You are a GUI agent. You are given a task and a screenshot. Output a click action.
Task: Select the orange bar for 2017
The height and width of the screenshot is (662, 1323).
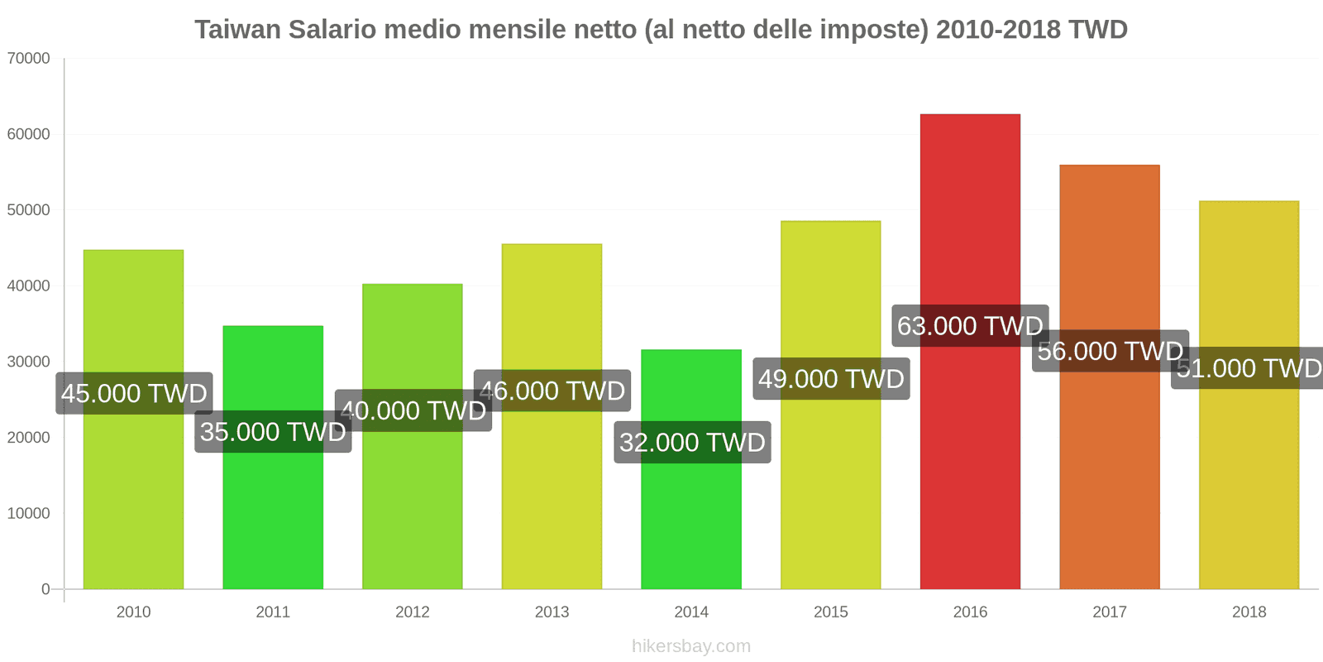[1110, 480]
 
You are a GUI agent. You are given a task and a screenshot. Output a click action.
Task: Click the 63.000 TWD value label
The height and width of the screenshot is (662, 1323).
[970, 326]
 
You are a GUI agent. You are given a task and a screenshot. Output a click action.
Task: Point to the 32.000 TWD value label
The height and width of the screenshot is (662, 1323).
[692, 443]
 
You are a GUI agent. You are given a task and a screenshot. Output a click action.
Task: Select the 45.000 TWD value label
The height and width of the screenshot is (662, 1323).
[134, 393]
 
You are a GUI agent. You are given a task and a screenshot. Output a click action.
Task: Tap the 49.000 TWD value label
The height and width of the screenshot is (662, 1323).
[831, 379]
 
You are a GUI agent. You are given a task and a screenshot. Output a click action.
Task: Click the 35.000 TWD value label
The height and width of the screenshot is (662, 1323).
[273, 432]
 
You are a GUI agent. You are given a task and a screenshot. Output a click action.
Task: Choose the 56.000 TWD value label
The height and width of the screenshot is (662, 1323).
[1110, 351]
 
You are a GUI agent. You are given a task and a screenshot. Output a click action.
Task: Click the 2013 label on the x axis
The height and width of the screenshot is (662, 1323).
[552, 612]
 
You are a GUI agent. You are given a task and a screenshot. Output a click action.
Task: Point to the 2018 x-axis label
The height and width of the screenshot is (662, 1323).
[1249, 612]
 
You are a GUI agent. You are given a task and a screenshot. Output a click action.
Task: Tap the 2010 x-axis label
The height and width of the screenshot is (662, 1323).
[133, 612]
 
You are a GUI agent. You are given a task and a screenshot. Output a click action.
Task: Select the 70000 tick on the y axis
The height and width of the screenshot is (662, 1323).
[29, 59]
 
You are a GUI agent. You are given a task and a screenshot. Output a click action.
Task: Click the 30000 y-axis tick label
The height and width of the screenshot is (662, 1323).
[29, 362]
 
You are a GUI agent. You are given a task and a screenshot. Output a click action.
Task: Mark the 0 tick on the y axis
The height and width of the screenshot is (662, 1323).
[45, 589]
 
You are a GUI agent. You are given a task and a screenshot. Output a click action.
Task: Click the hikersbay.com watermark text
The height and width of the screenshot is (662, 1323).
[691, 646]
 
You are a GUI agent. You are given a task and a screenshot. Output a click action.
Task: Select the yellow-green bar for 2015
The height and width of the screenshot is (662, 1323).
[831, 496]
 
